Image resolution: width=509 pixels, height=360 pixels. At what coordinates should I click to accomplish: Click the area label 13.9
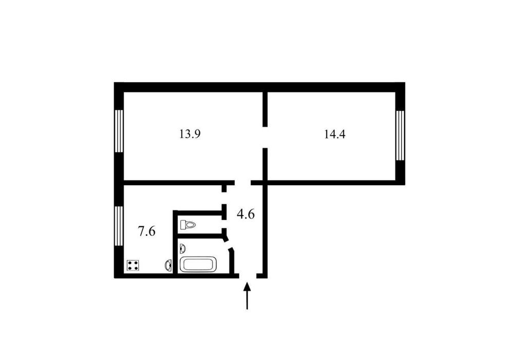(190, 134)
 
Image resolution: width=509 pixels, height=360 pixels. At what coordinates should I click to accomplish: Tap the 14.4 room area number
(335, 134)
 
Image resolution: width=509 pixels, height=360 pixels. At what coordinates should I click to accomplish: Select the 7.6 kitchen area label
(147, 231)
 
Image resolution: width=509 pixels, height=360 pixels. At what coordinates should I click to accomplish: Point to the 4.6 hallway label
(245, 214)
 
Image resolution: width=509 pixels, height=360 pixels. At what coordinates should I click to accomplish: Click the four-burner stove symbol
(133, 265)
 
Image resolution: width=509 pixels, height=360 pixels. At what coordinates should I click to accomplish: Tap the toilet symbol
(188, 225)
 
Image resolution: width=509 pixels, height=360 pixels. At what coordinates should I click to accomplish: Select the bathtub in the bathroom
(198, 264)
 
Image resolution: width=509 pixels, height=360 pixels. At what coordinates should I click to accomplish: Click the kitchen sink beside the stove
(169, 265)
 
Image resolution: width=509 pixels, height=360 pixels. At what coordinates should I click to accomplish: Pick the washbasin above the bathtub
(183, 248)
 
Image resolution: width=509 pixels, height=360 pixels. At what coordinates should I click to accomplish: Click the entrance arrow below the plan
(247, 296)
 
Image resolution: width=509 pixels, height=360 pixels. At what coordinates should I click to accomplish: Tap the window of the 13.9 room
(119, 131)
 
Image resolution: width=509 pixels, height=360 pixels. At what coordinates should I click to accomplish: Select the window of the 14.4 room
(400, 135)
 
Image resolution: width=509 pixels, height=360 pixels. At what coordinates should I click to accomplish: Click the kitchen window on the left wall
(119, 226)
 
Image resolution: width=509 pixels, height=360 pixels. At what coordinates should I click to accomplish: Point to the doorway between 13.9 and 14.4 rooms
(265, 137)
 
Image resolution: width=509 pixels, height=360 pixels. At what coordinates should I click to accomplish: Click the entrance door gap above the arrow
(248, 276)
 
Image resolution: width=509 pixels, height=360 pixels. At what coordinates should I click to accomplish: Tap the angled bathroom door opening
(228, 245)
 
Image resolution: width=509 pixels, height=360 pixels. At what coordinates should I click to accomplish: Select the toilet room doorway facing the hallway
(224, 222)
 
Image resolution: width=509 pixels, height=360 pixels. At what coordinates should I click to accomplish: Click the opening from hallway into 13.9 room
(243, 183)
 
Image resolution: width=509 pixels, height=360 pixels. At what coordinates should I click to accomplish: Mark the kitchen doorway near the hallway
(224, 199)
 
